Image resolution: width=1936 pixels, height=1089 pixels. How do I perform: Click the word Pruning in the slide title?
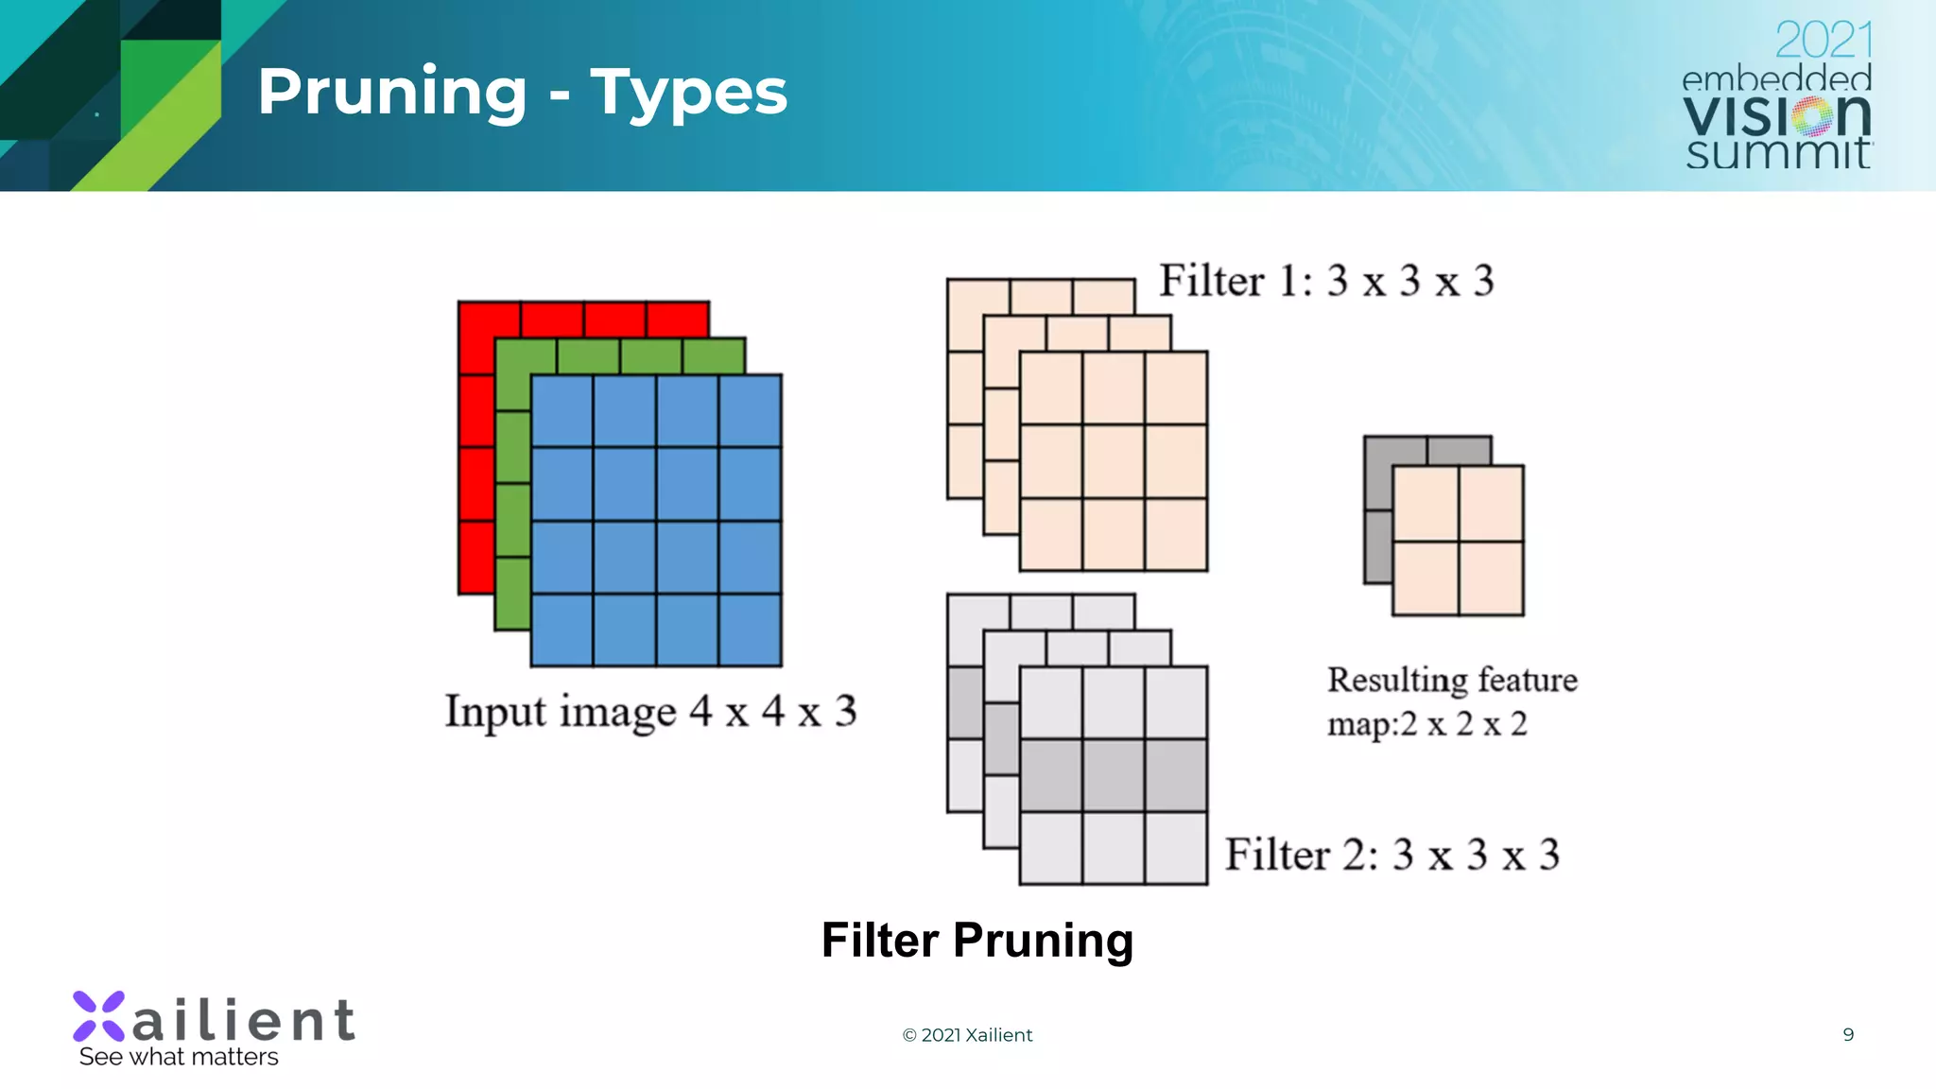[391, 93]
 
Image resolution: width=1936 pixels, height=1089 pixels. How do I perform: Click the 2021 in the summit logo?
[1823, 40]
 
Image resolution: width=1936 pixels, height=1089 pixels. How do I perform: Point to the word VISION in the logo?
[1777, 116]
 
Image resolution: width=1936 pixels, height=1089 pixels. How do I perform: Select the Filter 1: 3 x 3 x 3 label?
[1326, 281]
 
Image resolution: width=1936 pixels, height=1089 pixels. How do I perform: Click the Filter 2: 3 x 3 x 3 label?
[1391, 855]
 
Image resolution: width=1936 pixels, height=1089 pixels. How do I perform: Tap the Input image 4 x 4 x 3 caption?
[650, 711]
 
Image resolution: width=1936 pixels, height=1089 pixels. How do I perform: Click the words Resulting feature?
[1452, 680]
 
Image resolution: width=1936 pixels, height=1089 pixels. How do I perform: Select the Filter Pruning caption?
[977, 940]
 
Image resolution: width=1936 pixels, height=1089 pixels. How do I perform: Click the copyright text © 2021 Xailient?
[967, 1035]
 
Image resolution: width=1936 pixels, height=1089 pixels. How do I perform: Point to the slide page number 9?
[1848, 1034]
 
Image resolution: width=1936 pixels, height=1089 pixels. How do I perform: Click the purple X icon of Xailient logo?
[98, 1016]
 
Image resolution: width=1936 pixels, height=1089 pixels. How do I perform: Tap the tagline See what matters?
[179, 1057]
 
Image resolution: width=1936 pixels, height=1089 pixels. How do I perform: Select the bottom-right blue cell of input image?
[750, 631]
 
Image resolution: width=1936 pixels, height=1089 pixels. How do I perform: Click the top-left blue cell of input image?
[562, 411]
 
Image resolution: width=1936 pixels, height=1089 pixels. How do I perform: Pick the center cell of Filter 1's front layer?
[1114, 461]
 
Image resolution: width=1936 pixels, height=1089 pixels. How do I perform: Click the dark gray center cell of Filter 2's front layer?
[1114, 776]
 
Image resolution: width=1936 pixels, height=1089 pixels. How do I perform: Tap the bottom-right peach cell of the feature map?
[1491, 579]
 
